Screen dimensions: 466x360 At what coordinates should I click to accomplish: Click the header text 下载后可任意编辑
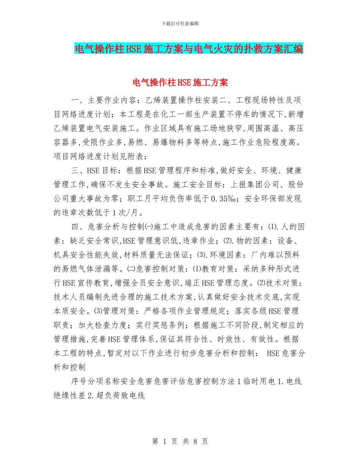tap(180, 23)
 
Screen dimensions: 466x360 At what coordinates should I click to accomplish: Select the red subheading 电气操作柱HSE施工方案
tap(180, 82)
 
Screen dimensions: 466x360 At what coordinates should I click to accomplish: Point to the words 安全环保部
tap(268, 198)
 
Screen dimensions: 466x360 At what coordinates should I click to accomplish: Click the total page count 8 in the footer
tap(196, 441)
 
